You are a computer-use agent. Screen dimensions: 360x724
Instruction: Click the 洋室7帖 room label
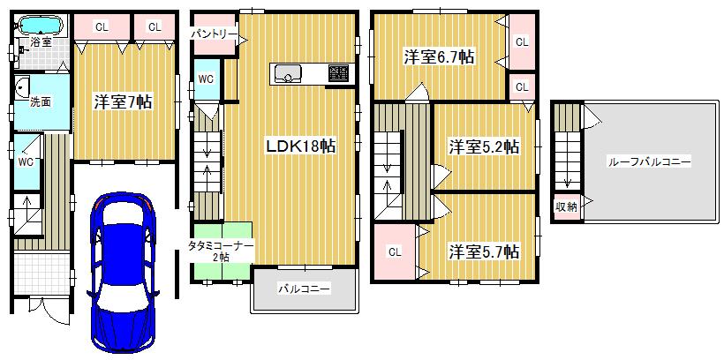point(123,101)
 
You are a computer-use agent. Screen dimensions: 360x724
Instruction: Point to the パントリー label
point(215,34)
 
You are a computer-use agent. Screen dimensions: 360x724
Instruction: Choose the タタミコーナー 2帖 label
point(219,250)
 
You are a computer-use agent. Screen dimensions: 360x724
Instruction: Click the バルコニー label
point(304,288)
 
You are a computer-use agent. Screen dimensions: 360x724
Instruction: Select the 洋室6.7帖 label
point(440,57)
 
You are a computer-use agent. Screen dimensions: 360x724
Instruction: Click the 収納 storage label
point(566,206)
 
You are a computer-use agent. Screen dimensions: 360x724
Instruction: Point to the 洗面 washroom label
point(41,101)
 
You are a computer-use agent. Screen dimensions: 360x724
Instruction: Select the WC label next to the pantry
point(205,79)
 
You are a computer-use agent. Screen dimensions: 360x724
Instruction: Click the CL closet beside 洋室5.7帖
point(395,251)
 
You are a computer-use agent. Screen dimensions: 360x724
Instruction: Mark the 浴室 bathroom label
point(41,41)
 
